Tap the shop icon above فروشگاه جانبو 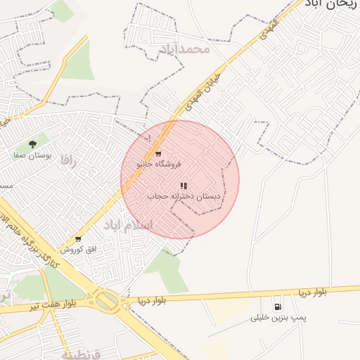[x=158, y=153]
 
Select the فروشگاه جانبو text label [x=158, y=164]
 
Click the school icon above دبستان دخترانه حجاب [x=184, y=186]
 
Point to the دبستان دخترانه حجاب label [x=184, y=197]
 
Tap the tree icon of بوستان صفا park [x=32, y=144]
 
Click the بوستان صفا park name [x=29, y=154]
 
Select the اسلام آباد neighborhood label [x=133, y=226]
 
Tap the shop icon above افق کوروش [x=77, y=239]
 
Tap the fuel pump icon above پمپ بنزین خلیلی [x=278, y=307]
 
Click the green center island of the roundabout [x=108, y=302]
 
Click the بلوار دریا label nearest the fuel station [x=311, y=291]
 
